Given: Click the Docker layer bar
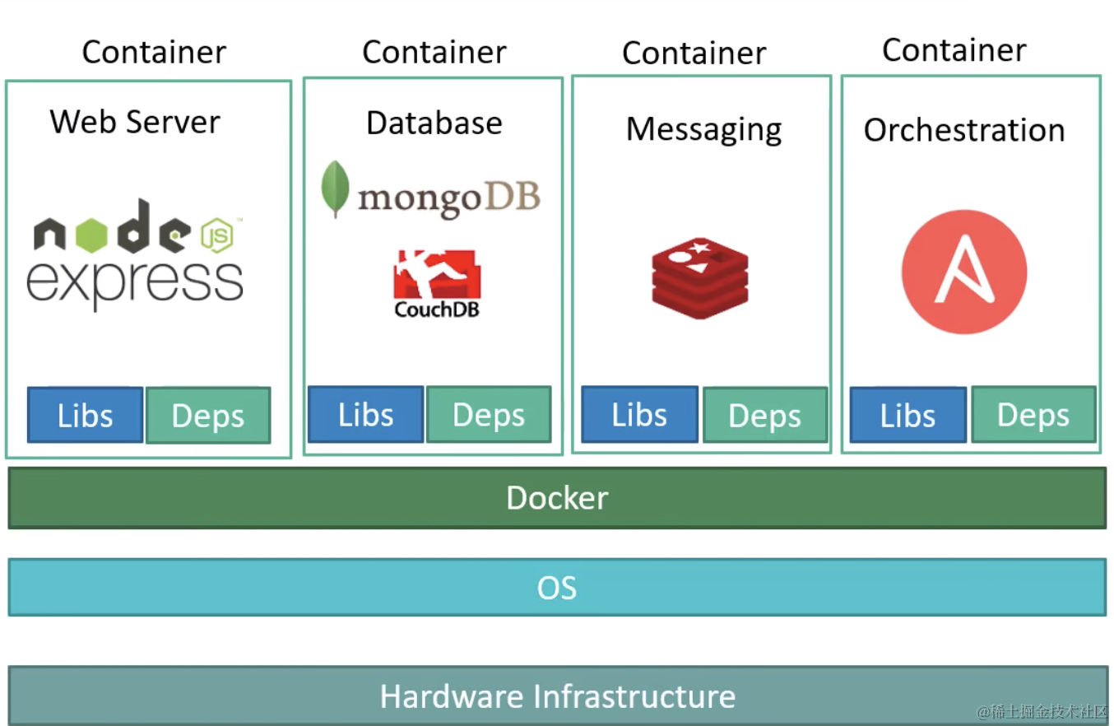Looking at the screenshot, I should (x=557, y=498).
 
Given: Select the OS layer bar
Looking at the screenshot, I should (x=557, y=588).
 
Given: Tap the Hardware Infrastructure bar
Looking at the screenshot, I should (x=557, y=696).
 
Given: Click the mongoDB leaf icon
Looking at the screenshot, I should (x=335, y=188).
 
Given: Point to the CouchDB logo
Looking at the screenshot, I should (x=437, y=285).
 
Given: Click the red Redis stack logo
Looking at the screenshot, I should (x=700, y=277).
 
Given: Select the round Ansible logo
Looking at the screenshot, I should (x=963, y=272).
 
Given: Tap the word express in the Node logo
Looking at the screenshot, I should (x=135, y=282).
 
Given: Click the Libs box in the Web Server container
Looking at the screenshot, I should (x=85, y=416).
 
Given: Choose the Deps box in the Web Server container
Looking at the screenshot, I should (x=208, y=416).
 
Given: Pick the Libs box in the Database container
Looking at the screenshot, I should (x=365, y=415).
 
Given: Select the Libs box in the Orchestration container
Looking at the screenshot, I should (x=907, y=416).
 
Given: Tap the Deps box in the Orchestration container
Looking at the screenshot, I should (x=1033, y=415).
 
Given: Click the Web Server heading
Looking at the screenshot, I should (x=135, y=122).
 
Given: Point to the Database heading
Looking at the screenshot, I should (x=434, y=123).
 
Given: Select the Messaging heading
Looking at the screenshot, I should (x=703, y=129).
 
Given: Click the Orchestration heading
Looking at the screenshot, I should (x=963, y=130).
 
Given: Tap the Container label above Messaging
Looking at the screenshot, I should (x=694, y=53).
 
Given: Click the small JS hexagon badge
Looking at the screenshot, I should (x=218, y=236).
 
